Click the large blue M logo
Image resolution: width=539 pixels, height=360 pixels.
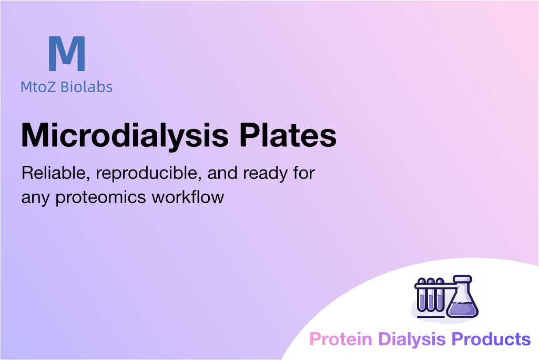[67, 53]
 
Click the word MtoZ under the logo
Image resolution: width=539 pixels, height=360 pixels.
[38, 87]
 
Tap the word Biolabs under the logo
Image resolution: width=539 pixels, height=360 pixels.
[86, 87]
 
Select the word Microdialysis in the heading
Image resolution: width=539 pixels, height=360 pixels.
[125, 135]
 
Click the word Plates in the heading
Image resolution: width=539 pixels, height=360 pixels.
[288, 135]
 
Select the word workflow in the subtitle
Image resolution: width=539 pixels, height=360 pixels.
[188, 197]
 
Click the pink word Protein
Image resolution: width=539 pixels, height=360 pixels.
[341, 339]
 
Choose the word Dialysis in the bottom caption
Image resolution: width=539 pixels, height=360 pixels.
[412, 339]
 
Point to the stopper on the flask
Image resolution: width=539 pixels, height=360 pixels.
[462, 278]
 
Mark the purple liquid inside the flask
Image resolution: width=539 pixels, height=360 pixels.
[462, 309]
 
